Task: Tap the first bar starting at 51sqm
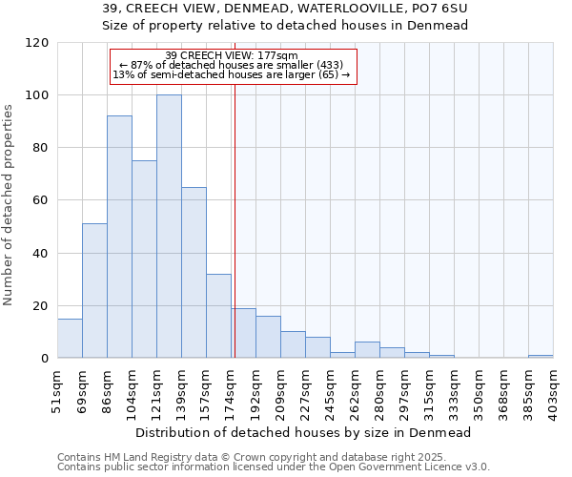pyautogui.click(x=70, y=339)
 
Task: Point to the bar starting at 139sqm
pyautogui.click(x=194, y=273)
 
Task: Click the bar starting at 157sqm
pyautogui.click(x=218, y=316)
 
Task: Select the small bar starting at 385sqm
pyautogui.click(x=541, y=357)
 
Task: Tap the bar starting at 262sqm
pyautogui.click(x=367, y=350)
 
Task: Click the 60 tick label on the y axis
pyautogui.click(x=39, y=200)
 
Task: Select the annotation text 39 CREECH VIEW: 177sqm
pyautogui.click(x=232, y=55)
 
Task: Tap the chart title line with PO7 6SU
pyautogui.click(x=285, y=9)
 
